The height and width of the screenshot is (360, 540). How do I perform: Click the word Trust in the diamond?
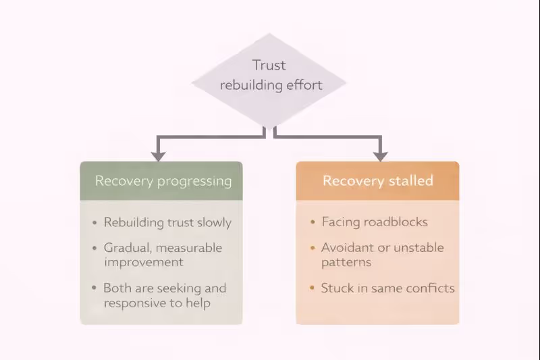tap(269, 66)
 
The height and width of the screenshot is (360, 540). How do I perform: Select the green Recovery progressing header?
tap(161, 181)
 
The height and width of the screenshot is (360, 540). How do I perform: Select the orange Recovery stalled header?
tap(377, 181)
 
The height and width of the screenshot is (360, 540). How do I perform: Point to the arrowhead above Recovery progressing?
tap(159, 155)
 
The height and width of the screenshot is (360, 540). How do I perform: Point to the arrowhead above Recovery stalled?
tap(380, 155)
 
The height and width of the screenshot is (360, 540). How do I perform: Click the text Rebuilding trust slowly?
tap(167, 222)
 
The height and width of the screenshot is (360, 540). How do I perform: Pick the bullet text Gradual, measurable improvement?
tap(163, 255)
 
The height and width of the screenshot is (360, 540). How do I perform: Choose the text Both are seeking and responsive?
tap(165, 295)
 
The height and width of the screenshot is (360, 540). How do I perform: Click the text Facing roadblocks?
tap(375, 222)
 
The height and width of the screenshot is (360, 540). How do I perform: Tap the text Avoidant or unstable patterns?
tap(382, 255)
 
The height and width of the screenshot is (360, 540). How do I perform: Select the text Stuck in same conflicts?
tap(387, 288)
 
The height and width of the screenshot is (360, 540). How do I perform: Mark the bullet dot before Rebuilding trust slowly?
tap(95, 223)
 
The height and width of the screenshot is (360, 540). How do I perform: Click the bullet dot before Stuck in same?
tap(312, 289)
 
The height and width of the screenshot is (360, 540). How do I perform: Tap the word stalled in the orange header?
tap(407, 181)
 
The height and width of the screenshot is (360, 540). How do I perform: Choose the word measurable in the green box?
tap(188, 248)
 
